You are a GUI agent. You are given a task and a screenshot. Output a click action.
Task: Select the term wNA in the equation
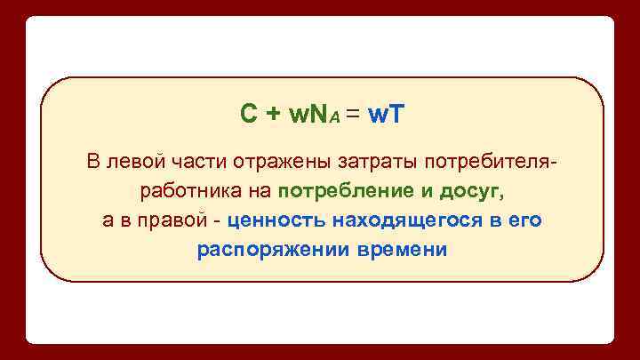(309, 114)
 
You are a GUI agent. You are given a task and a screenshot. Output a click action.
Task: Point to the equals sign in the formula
(353, 114)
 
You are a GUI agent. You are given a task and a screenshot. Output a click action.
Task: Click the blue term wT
(386, 114)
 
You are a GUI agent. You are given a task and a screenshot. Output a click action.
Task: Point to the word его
(524, 220)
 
